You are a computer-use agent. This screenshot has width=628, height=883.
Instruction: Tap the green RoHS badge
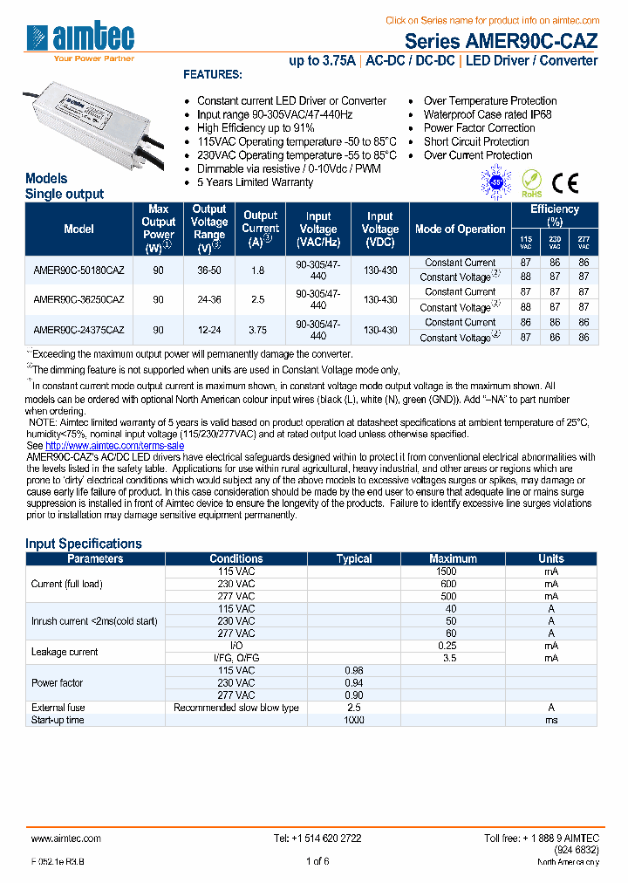(x=531, y=184)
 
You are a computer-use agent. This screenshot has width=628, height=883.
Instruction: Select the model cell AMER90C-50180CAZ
(x=78, y=270)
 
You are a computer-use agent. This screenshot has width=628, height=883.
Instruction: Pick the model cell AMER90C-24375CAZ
(x=78, y=330)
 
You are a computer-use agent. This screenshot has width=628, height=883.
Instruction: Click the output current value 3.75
(x=260, y=330)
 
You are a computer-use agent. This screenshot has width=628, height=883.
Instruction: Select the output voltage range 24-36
(x=209, y=300)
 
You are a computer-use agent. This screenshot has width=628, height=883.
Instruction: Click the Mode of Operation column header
(x=460, y=229)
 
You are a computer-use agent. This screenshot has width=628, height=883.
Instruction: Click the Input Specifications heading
(x=83, y=544)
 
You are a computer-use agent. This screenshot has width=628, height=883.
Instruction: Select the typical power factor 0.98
(x=353, y=670)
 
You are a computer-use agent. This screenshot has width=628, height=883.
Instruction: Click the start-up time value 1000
(x=353, y=720)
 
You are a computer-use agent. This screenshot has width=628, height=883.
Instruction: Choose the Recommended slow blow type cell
(x=235, y=708)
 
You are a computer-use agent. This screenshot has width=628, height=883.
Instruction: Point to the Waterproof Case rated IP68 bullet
(x=488, y=114)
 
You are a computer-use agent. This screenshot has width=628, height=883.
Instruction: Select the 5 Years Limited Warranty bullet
(x=255, y=182)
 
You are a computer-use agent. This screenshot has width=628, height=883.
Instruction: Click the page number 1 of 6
(x=317, y=861)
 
